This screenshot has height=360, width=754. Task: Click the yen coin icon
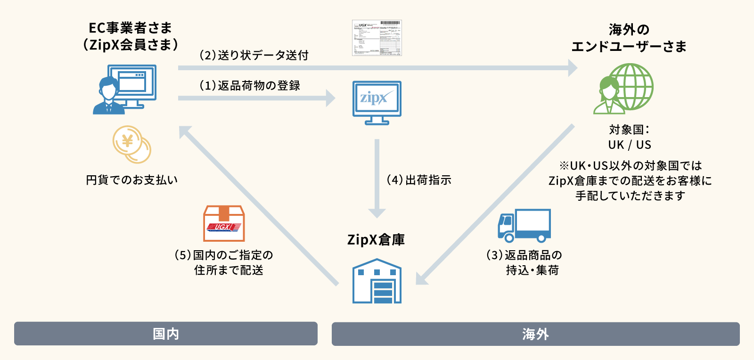tap(131, 144)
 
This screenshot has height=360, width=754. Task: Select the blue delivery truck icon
tap(524, 226)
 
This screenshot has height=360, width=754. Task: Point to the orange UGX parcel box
tap(224, 223)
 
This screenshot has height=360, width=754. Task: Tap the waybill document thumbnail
tap(377, 38)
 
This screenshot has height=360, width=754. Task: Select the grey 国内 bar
tap(166, 334)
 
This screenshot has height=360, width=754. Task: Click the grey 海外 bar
tap(535, 334)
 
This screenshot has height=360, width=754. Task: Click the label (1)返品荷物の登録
tap(250, 86)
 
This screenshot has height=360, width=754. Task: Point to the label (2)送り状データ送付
tap(254, 56)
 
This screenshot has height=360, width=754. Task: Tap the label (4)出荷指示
tap(419, 180)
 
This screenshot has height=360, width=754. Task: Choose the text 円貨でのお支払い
tap(132, 180)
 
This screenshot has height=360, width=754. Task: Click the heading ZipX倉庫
tap(376, 240)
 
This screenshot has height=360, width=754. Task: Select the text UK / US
tap(630, 145)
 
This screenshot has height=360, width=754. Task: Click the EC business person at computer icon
tap(124, 90)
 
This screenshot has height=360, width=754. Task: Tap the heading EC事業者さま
tap(131, 28)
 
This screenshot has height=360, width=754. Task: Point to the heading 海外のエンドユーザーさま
tap(629, 38)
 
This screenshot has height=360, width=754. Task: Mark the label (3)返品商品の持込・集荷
tap(524, 262)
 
